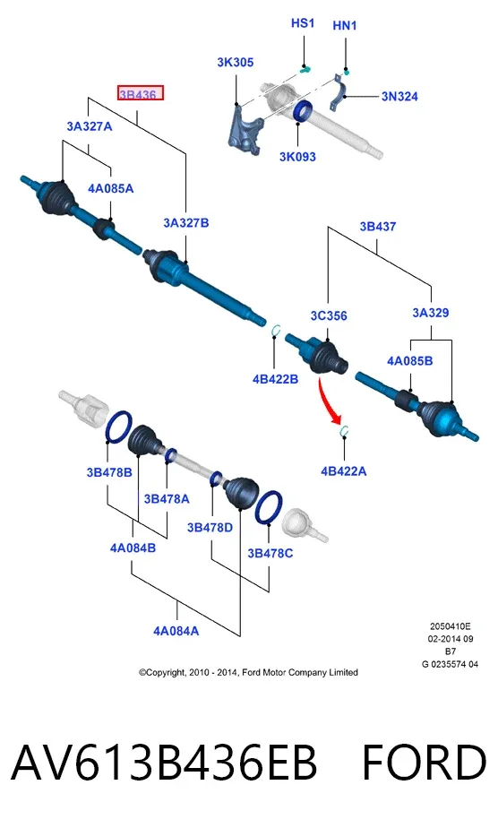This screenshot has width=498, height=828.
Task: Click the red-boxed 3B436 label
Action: tap(140, 93)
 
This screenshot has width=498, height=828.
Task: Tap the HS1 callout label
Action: tap(303, 23)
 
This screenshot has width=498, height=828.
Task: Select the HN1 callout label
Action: tap(345, 25)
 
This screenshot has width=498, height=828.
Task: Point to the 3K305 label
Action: tap(236, 63)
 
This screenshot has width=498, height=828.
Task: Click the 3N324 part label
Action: tap(399, 96)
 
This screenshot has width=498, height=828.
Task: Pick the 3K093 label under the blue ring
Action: tap(297, 156)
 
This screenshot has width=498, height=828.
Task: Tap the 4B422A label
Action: tap(343, 471)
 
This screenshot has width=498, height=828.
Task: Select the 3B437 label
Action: tap(378, 227)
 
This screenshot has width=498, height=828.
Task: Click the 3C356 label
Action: tap(329, 315)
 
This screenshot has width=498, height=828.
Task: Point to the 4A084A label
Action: tap(176, 631)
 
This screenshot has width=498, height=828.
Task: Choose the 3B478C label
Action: tap(270, 553)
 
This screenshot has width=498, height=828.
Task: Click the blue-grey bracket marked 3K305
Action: tap(245, 130)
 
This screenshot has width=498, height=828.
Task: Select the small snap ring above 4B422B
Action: tap(273, 330)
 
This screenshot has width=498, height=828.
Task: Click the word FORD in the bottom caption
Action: tap(424, 763)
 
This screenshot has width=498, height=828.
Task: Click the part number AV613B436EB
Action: tap(164, 763)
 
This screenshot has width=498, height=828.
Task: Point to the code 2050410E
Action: tap(450, 626)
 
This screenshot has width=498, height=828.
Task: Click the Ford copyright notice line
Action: tap(248, 672)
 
